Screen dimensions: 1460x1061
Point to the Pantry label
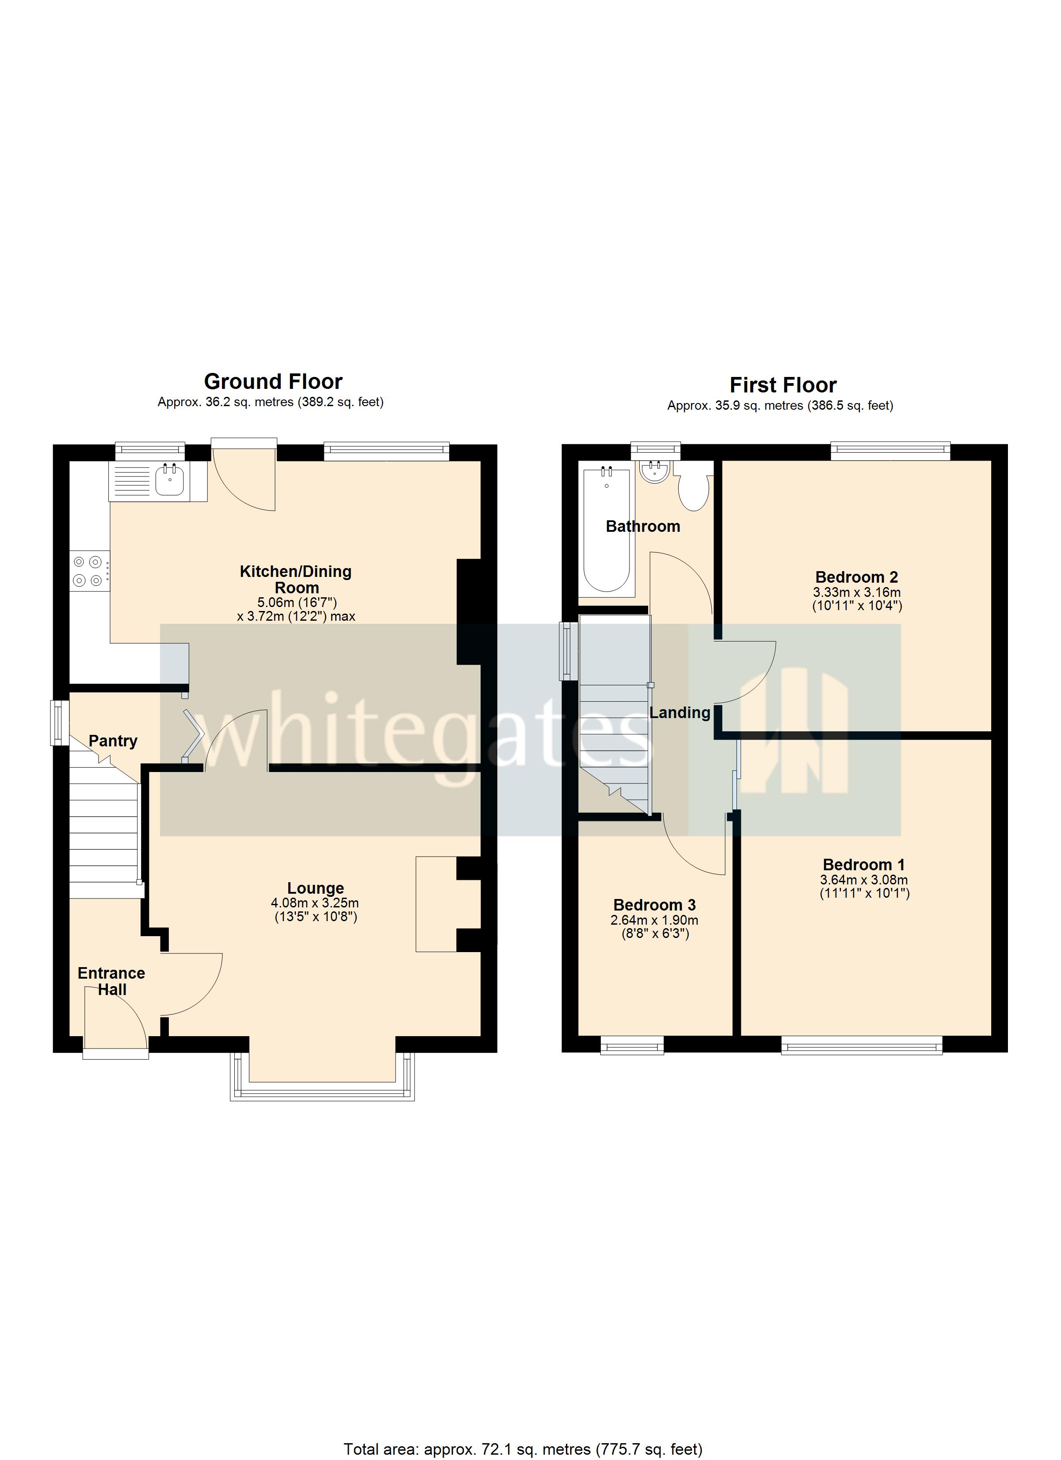coord(113,741)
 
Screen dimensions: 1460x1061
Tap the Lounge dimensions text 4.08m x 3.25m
coord(315,903)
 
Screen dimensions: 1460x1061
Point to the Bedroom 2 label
coord(856,577)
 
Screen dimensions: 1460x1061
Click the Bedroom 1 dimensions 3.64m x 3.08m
coord(863,880)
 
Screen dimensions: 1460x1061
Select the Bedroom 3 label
coord(654,905)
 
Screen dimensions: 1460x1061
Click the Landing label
coord(679,713)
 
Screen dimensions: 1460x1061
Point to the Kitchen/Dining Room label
coord(296,580)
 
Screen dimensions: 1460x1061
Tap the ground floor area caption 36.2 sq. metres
coord(270,402)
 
